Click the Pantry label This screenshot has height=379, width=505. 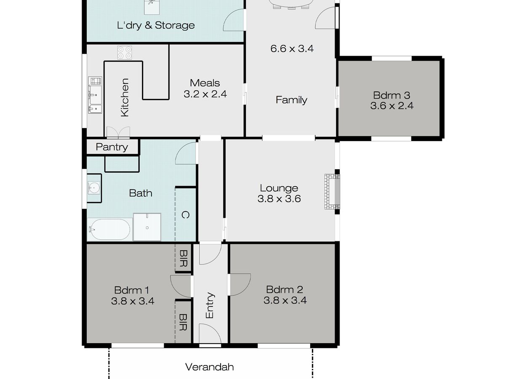click(112, 147)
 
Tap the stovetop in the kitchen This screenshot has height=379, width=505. click(125, 53)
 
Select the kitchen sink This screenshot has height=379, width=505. click(95, 95)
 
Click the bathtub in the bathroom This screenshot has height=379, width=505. click(110, 230)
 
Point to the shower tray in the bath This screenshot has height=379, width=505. click(147, 227)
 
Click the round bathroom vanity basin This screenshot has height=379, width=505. click(94, 187)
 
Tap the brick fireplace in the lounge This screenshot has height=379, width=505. click(332, 192)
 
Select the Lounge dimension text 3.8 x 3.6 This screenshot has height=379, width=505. click(279, 199)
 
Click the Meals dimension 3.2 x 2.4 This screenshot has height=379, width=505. click(205, 94)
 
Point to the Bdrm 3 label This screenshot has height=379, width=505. click(391, 95)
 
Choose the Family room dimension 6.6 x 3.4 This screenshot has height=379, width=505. click(292, 48)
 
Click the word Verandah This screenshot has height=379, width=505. click(209, 367)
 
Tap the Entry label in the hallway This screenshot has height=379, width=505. click(210, 305)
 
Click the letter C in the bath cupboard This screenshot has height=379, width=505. click(185, 215)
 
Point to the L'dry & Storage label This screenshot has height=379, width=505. click(156, 25)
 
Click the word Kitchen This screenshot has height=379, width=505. click(125, 97)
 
